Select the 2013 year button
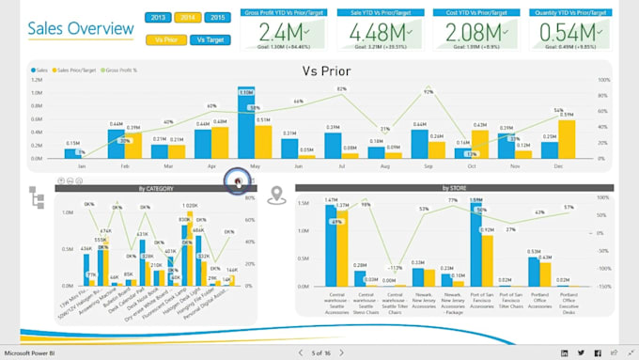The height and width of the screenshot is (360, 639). (x=158, y=18)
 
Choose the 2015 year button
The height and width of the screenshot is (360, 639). (x=216, y=18)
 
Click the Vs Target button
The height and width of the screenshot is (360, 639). (x=210, y=39)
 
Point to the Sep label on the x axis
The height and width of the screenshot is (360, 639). (x=428, y=166)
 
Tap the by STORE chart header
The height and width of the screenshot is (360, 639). (x=454, y=188)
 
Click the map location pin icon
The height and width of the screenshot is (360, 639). (x=276, y=196)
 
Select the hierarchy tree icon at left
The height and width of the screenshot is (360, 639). (x=37, y=197)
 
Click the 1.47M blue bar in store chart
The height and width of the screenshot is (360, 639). (x=331, y=244)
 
